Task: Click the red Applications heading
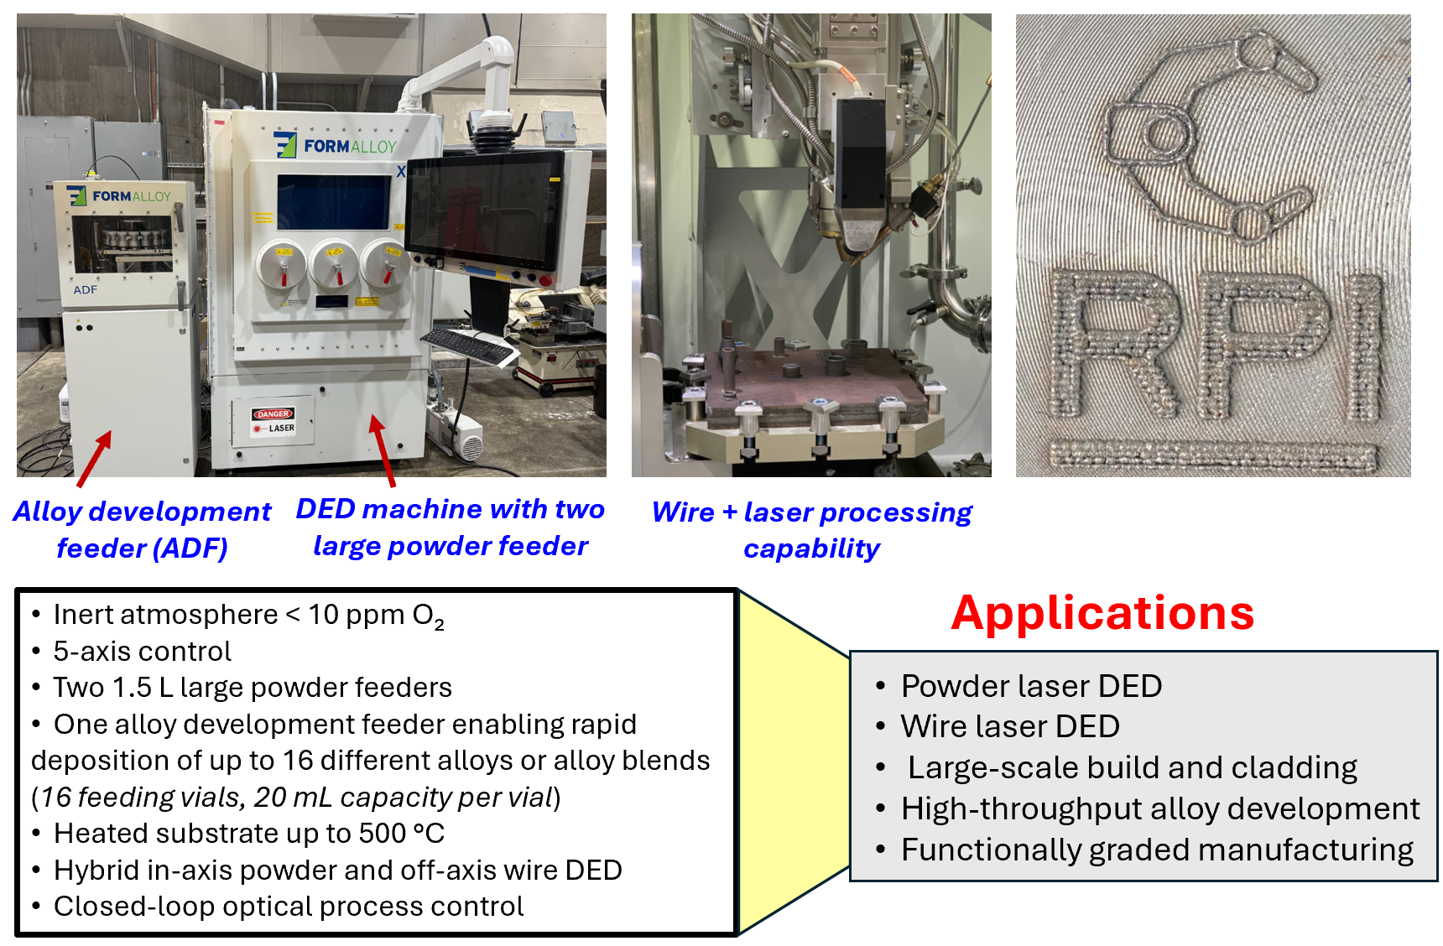click(x=1102, y=613)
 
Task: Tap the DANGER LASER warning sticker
click(x=273, y=421)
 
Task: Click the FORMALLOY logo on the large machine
click(x=336, y=145)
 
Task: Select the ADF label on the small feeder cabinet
click(x=85, y=289)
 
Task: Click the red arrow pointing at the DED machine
click(x=383, y=450)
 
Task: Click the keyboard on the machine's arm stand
click(x=471, y=346)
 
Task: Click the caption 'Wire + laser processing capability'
click(x=811, y=529)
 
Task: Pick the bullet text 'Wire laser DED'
click(x=1010, y=726)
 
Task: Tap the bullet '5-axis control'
click(x=142, y=651)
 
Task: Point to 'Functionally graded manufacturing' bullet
click(x=1156, y=850)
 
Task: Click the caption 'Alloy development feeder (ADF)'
click(x=142, y=529)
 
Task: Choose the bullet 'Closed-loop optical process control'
click(x=289, y=907)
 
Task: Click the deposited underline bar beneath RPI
click(x=1213, y=454)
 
